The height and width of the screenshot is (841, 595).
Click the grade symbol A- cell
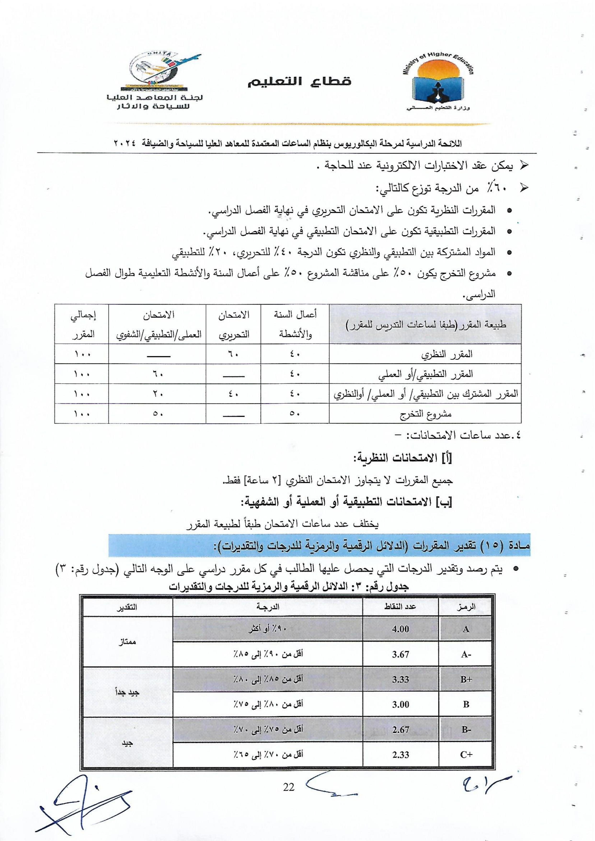pos(466,654)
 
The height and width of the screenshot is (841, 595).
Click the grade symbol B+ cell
pos(466,679)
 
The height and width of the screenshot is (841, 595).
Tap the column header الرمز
pos(466,607)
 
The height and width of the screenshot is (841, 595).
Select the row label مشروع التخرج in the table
pos(425,414)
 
